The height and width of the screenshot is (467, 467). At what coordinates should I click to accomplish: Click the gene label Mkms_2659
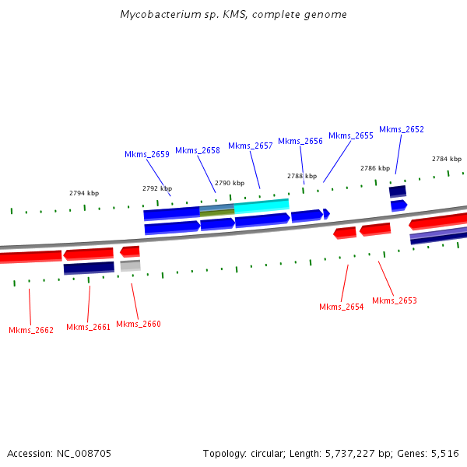(x=147, y=154)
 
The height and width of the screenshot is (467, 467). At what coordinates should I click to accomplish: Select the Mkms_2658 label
(x=198, y=150)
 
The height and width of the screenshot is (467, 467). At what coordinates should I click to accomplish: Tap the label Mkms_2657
(x=251, y=146)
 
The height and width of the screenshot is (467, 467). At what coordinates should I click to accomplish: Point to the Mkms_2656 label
(x=300, y=141)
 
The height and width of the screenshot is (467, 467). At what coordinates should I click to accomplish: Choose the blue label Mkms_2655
(x=351, y=135)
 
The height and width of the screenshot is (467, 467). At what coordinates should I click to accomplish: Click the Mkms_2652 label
(x=402, y=129)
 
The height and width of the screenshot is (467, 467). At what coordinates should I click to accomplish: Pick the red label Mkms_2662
(x=31, y=330)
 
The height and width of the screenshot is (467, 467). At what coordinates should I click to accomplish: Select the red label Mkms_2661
(x=89, y=327)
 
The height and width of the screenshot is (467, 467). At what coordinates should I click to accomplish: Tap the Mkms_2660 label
(x=139, y=324)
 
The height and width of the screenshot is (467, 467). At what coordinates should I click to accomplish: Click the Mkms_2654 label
(x=342, y=307)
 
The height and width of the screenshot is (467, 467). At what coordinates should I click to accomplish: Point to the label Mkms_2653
(x=395, y=300)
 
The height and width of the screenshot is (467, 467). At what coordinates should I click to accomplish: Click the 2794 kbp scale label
(x=84, y=193)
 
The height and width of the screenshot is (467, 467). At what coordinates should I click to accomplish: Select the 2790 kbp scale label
(x=230, y=183)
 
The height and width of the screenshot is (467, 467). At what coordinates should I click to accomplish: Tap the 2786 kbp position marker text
(x=374, y=168)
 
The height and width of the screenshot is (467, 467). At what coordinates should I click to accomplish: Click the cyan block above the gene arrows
(x=262, y=205)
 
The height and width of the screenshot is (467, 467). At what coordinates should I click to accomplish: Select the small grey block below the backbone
(x=130, y=265)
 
